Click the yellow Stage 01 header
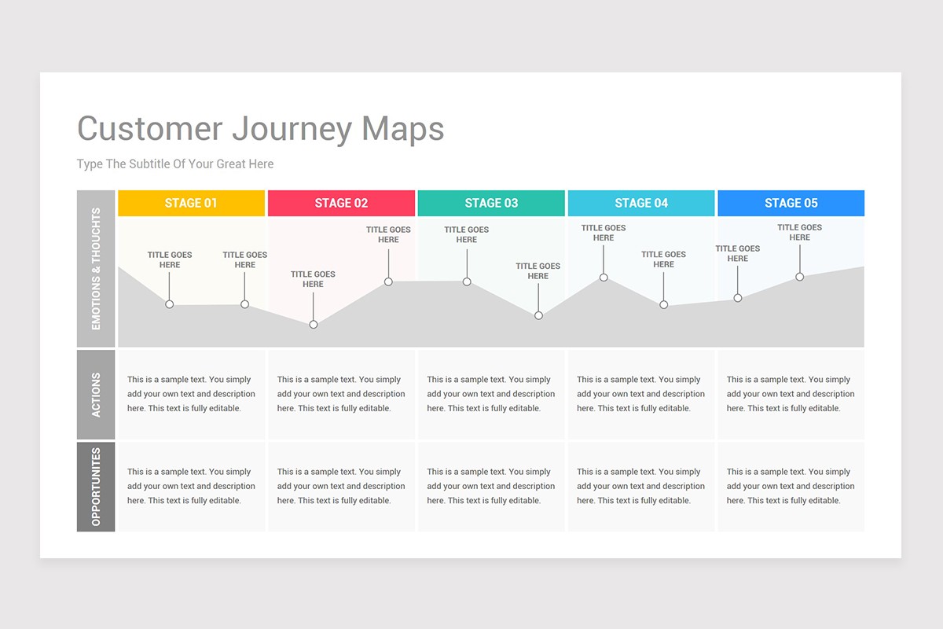click(191, 203)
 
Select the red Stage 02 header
click(341, 203)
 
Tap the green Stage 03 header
click(491, 203)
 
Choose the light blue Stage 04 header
click(641, 203)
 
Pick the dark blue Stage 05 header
click(791, 203)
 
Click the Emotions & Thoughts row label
click(96, 268)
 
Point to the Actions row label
click(96, 395)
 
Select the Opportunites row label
click(96, 487)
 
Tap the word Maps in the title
click(403, 129)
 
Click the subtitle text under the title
click(175, 164)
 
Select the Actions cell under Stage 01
click(191, 394)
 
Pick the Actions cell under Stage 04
click(641, 394)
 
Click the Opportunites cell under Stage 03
click(491, 486)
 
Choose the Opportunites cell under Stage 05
click(791, 486)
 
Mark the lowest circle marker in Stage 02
click(314, 324)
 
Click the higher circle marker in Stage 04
click(604, 277)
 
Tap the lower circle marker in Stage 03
click(538, 315)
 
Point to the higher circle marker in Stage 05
click(799, 277)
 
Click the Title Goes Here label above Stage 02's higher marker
click(388, 234)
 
